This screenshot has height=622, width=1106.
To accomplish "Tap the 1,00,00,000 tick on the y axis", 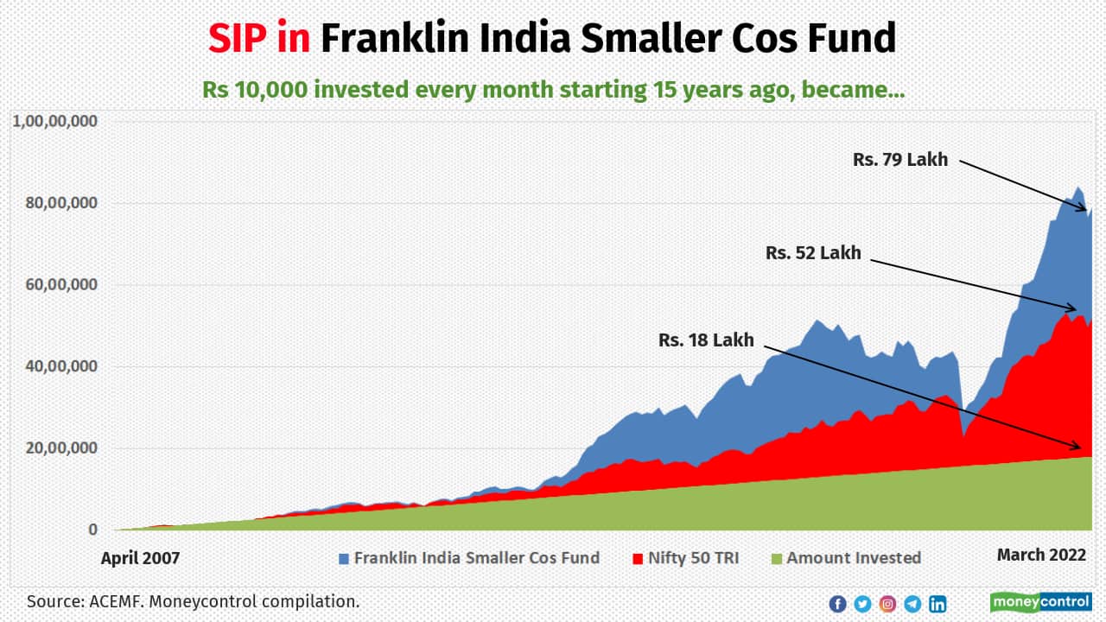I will [54, 121].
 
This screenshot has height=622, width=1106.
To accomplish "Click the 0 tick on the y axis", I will [92, 530].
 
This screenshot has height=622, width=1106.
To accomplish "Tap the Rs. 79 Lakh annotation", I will [899, 159].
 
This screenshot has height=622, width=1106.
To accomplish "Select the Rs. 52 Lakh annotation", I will [813, 253].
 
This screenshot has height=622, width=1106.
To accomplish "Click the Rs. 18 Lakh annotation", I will [706, 340].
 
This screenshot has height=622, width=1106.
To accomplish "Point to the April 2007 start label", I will [140, 558].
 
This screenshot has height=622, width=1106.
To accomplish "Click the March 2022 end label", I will [1040, 555].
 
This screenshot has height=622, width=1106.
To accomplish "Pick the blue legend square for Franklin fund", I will [344, 558].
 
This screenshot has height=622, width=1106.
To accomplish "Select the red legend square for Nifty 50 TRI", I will [639, 558].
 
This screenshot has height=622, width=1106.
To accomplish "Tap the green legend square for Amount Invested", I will [776, 558].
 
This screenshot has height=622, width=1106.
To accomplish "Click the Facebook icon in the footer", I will [837, 604].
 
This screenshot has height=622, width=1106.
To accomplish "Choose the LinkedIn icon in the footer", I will [938, 604].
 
